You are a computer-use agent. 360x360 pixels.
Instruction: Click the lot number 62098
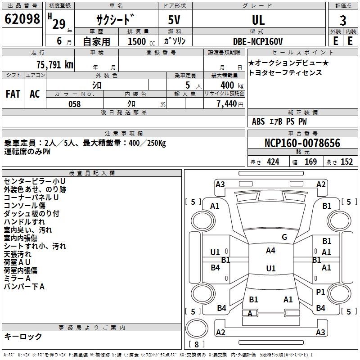click(x=22, y=19)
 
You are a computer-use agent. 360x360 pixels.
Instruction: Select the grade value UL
click(x=258, y=20)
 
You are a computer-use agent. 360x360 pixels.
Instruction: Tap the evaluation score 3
click(x=343, y=21)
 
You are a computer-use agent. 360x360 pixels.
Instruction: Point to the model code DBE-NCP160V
click(x=258, y=41)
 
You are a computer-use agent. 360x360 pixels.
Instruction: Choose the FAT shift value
click(x=13, y=94)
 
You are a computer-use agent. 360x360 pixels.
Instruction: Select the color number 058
click(x=74, y=104)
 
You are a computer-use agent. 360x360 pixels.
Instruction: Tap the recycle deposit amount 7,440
click(x=227, y=104)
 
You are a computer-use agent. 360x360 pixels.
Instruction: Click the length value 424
click(x=273, y=162)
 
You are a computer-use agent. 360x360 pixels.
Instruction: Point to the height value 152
click(x=346, y=162)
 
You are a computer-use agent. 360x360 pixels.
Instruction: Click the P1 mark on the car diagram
click(x=320, y=292)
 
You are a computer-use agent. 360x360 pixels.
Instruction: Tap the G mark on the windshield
click(x=284, y=237)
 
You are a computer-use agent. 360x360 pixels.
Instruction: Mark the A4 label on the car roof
click(x=270, y=251)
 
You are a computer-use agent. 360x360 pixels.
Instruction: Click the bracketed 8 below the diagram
click(x=196, y=344)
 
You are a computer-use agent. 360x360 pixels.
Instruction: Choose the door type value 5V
click(x=175, y=21)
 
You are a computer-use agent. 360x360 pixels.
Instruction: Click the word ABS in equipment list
click(x=258, y=121)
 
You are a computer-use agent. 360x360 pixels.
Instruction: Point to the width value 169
click(x=310, y=162)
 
